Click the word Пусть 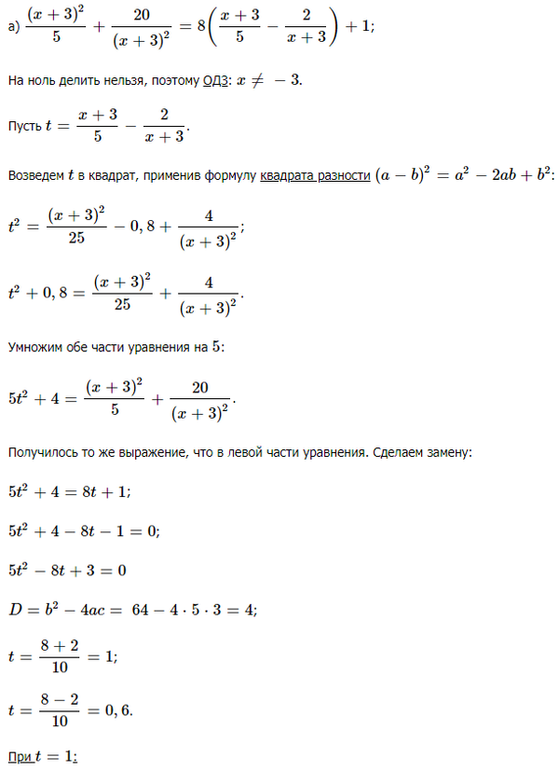(x=23, y=126)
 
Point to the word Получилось (x=45, y=452)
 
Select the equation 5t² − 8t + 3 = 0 (x=66, y=569)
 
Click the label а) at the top (x=13, y=28)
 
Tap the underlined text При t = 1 (x=42, y=757)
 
